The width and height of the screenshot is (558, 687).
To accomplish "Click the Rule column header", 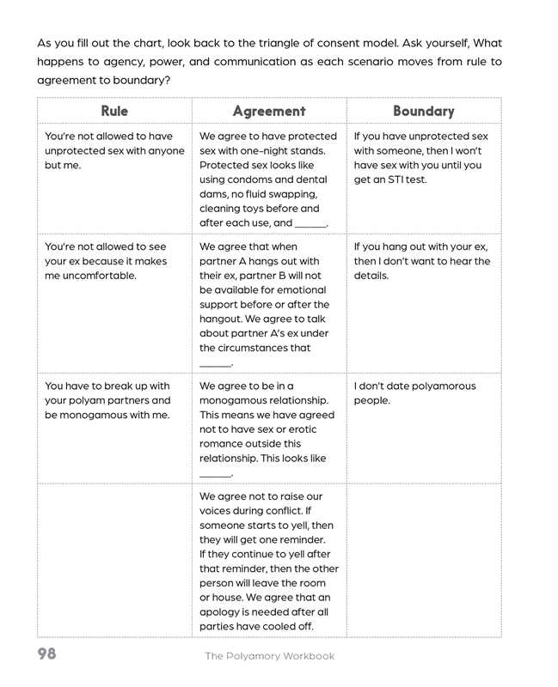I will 114,111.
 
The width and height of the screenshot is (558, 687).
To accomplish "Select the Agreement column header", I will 269,111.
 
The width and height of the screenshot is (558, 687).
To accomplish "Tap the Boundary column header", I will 424,111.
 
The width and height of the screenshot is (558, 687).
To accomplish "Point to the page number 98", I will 46,654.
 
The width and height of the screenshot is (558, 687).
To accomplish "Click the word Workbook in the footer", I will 306,656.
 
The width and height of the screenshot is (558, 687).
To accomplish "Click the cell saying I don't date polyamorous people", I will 414,392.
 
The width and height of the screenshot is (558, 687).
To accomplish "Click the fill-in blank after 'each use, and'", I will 310,224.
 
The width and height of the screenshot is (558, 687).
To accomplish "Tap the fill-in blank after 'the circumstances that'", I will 215,364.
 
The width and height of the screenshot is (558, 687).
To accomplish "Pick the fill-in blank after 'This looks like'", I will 215,474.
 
